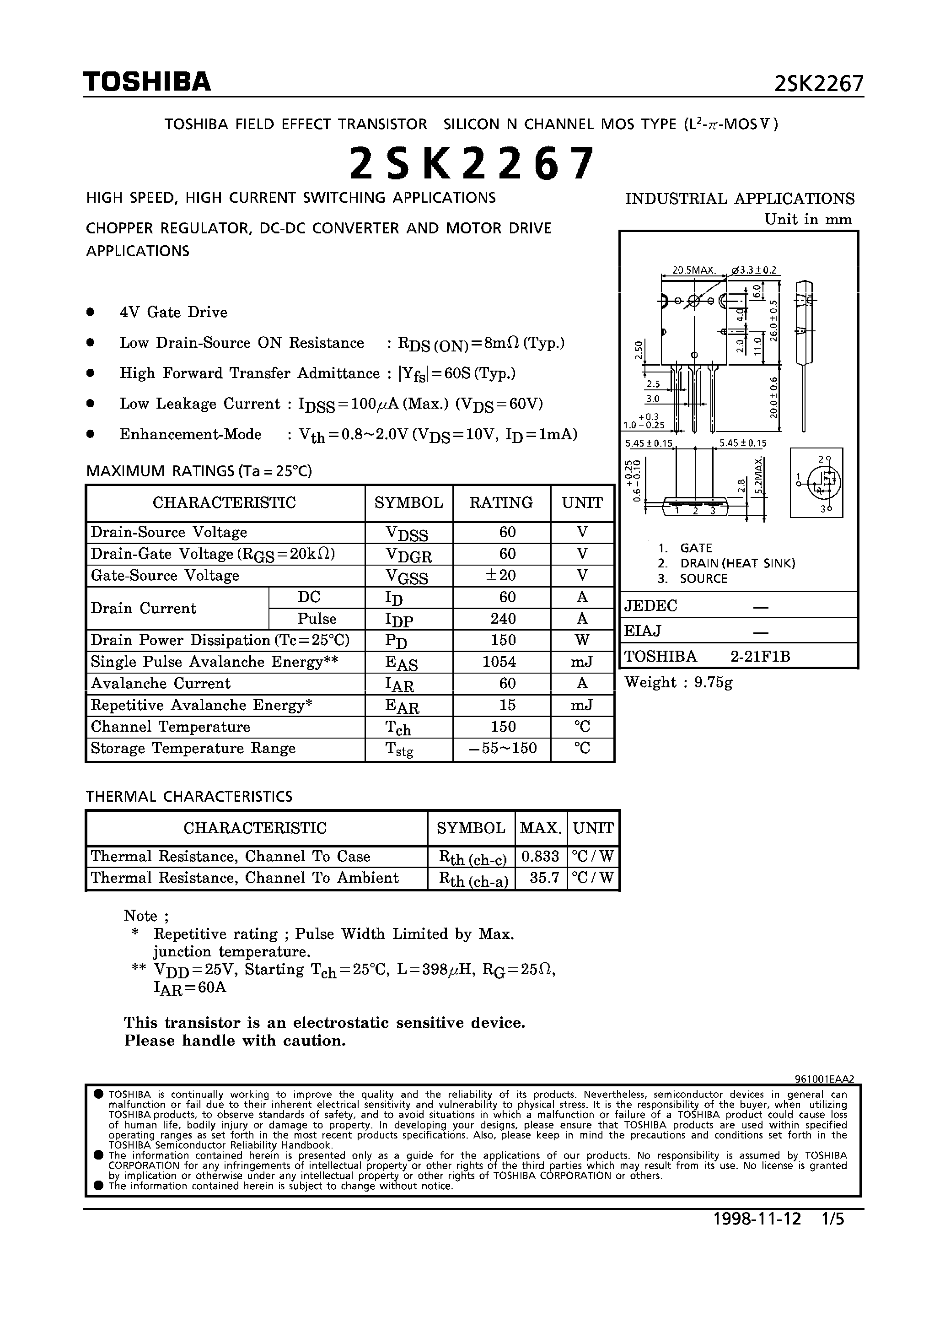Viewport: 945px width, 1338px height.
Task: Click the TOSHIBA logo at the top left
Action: (x=146, y=82)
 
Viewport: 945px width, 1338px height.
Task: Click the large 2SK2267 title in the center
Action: (x=472, y=163)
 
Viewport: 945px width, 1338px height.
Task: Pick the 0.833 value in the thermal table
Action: (x=540, y=856)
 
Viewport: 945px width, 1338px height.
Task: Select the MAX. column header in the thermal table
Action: (x=540, y=827)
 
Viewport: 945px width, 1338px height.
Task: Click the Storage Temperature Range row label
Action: (x=193, y=748)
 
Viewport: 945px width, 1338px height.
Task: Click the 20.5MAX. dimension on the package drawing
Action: (x=693, y=270)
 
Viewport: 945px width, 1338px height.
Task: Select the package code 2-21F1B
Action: (x=760, y=657)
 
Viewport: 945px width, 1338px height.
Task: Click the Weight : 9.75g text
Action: (x=678, y=682)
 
